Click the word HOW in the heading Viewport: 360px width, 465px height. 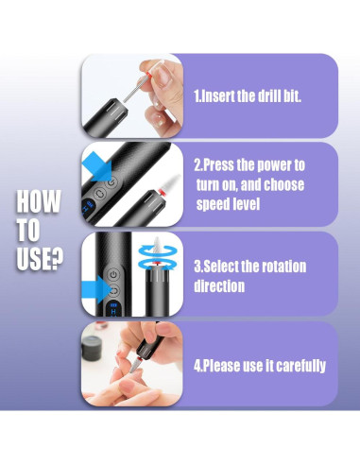click(x=38, y=201)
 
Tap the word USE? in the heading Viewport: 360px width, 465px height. click(x=40, y=258)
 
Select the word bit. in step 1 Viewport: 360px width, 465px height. click(x=292, y=95)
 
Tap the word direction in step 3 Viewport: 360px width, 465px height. click(x=219, y=286)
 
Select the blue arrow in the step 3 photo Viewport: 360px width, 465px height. click(x=95, y=289)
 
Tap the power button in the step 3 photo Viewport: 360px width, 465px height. click(x=113, y=275)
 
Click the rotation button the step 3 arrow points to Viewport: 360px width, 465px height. click(x=113, y=290)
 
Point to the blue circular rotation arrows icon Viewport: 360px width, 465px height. click(x=158, y=257)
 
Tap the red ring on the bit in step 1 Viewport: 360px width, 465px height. click(x=147, y=75)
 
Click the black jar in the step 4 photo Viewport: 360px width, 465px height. click(x=92, y=348)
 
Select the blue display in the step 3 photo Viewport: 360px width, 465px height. click(x=113, y=309)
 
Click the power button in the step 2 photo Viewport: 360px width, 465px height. click(x=111, y=182)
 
